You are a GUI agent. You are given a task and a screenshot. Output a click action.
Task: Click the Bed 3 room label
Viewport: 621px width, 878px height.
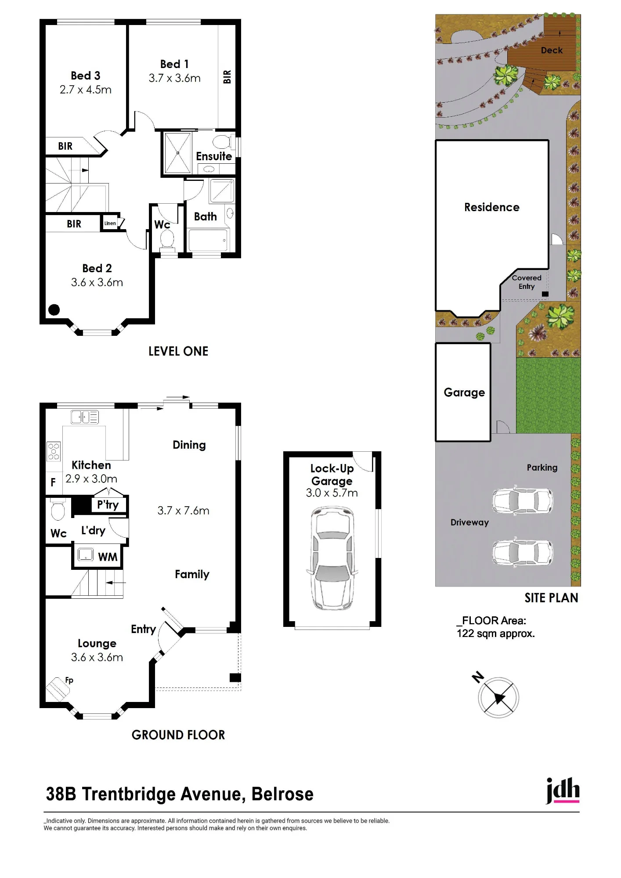pos(86,76)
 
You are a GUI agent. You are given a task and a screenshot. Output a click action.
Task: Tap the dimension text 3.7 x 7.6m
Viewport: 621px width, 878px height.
pos(183,511)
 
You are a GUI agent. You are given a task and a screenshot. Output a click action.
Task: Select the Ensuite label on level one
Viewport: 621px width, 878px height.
pos(214,156)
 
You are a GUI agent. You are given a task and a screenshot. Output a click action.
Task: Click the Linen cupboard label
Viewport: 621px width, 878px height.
pos(110,223)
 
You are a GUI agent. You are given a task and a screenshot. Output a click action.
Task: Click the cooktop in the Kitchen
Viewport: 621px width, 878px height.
pos(54,451)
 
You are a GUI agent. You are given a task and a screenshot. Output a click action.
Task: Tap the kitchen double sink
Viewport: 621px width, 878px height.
pos(85,417)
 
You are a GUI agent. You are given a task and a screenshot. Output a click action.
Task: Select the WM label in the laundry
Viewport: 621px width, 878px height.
pos(108,557)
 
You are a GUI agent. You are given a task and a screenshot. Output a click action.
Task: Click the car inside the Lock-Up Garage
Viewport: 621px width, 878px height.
pos(332,558)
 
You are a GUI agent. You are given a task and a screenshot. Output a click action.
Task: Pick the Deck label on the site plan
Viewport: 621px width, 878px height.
pos(552,50)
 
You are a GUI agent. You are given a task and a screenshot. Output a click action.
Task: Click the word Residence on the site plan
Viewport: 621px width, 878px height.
pos(492,207)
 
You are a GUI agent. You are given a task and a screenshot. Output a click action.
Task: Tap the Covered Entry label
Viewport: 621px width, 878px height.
pos(527,282)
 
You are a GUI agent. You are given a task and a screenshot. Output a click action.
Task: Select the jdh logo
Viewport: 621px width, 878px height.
pos(563,791)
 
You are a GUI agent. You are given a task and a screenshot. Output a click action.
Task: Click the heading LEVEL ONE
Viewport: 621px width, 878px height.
pos(178,351)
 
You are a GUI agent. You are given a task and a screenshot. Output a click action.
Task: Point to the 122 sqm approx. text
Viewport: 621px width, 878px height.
pos(496,633)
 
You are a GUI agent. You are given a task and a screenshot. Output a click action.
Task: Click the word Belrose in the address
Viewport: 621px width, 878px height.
pos(282,794)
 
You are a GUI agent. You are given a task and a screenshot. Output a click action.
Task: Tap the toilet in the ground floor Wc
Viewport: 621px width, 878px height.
pos(58,509)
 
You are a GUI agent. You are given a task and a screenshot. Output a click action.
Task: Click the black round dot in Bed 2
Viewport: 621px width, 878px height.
pos(54,310)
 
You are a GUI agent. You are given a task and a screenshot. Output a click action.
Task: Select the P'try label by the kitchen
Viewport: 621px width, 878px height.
pos(108,505)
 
